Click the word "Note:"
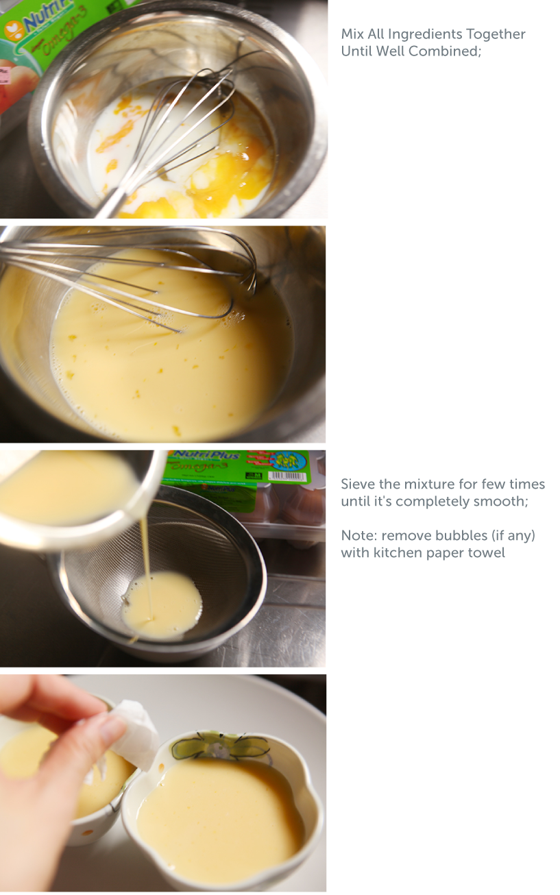click(358, 535)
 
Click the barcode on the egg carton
click(287, 476)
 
